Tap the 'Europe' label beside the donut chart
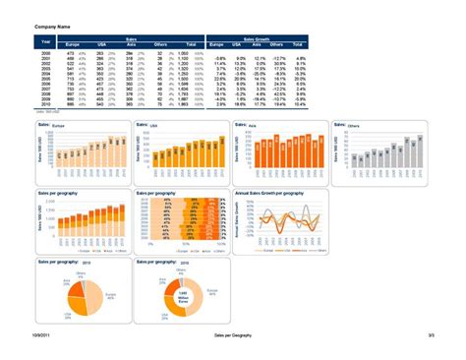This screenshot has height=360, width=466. click(x=210, y=292)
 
